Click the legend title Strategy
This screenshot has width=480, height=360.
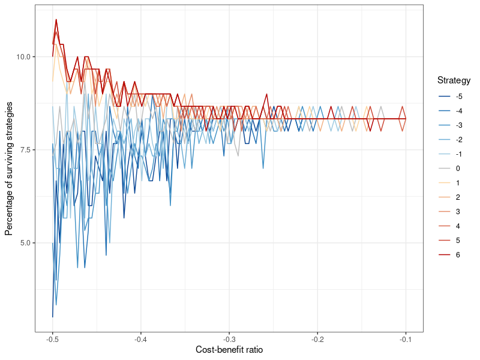click(x=454, y=80)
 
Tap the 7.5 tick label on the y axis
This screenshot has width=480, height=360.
click(x=28, y=150)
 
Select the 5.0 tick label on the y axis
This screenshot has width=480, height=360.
click(x=28, y=243)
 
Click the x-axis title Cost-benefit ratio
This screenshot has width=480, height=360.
click(x=229, y=350)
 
